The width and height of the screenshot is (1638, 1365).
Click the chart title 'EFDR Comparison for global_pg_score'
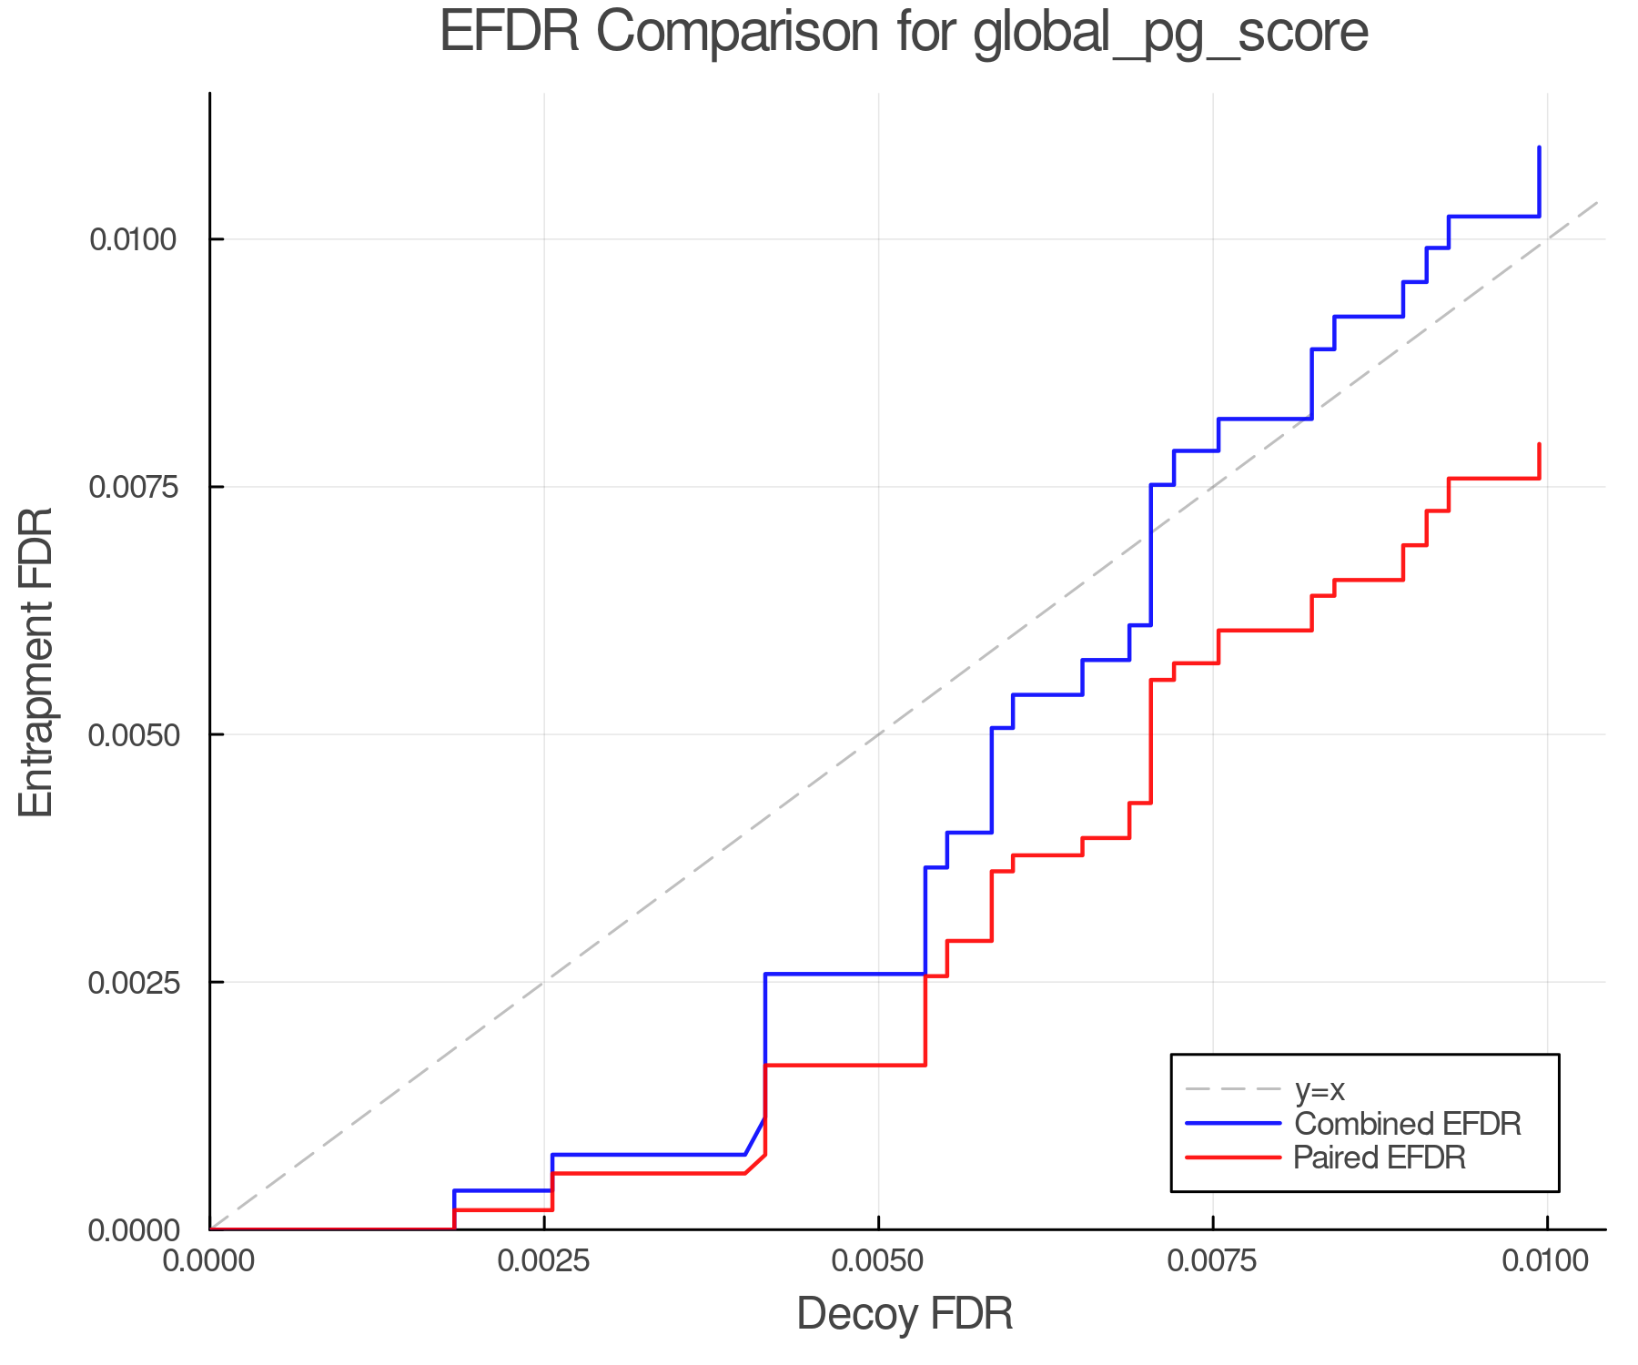(x=904, y=33)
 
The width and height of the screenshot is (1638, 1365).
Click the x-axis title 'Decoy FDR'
(x=905, y=1314)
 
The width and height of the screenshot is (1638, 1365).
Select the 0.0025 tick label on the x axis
(x=544, y=1261)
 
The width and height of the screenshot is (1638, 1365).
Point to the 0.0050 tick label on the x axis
(x=878, y=1261)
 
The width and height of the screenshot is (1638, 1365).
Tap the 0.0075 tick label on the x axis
(x=1213, y=1261)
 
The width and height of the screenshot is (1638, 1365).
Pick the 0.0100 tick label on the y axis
(x=132, y=240)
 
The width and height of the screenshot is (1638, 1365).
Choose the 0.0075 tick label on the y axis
(x=132, y=488)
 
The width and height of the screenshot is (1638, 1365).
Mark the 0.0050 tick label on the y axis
(x=132, y=735)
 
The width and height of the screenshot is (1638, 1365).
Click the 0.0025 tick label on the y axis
(x=132, y=983)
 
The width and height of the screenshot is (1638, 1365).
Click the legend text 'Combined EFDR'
(x=1407, y=1124)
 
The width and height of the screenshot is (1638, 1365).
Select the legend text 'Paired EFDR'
(x=1380, y=1158)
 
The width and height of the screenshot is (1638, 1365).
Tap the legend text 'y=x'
(x=1319, y=1089)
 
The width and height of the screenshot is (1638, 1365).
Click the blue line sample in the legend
(x=1233, y=1124)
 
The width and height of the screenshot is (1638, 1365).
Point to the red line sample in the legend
(x=1233, y=1158)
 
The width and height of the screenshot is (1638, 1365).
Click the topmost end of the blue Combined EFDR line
(x=1539, y=147)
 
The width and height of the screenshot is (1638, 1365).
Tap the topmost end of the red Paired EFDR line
(x=1539, y=445)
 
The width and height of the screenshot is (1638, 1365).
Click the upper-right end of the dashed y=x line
(x=1598, y=202)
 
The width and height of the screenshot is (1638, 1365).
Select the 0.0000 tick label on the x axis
(x=210, y=1261)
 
